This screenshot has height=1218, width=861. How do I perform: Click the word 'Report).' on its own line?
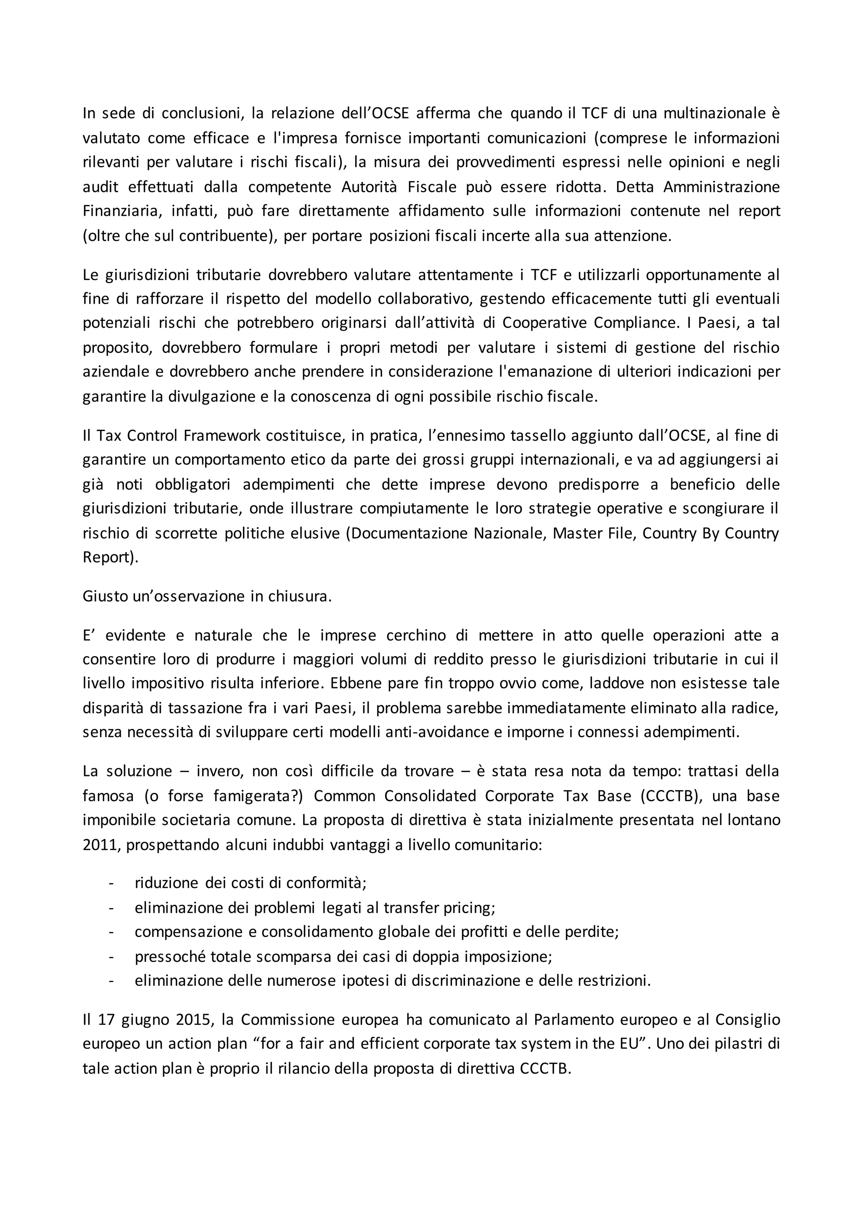click(110, 558)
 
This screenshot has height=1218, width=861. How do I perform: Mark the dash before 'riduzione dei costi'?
click(111, 883)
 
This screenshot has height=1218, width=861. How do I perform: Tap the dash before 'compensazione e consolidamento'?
click(111, 932)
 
